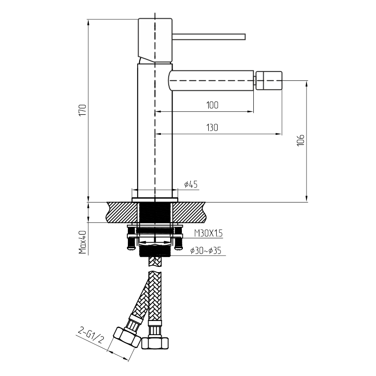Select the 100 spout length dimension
pyautogui.click(x=212, y=105)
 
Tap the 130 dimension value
pyautogui.click(x=212, y=127)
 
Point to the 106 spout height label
pyautogui.click(x=301, y=140)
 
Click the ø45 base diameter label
pyautogui.click(x=191, y=184)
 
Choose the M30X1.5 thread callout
pyautogui.click(x=208, y=233)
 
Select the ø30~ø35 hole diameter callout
pyautogui.click(x=206, y=251)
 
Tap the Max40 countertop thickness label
pyautogui.click(x=83, y=242)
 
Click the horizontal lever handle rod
pyautogui.click(x=209, y=37)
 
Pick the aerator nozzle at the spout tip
pyautogui.click(x=268, y=80)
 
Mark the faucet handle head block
pyautogui.click(x=155, y=40)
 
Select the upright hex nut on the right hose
pyautogui.click(x=155, y=343)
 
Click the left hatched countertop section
pyautogui.click(x=123, y=212)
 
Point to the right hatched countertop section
pyautogui.click(x=189, y=212)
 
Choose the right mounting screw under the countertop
pyautogui.click(x=178, y=238)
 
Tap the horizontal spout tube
pyautogui.click(x=211, y=80)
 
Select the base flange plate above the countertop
pyautogui.click(x=155, y=200)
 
